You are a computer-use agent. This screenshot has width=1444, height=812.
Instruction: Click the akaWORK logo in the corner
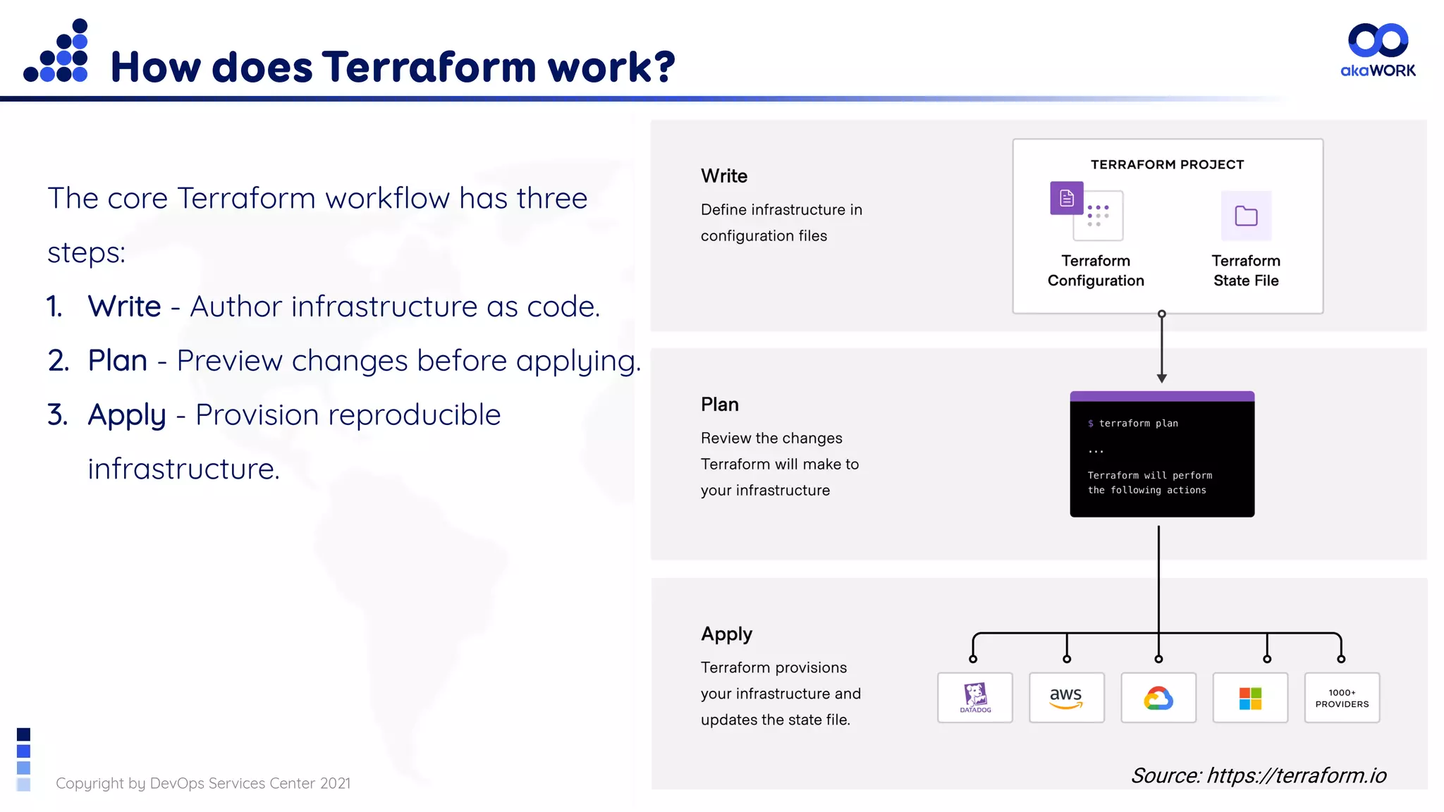tap(1378, 49)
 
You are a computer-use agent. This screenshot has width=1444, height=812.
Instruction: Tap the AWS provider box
tap(1066, 697)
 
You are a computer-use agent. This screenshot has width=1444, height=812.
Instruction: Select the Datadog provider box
tap(974, 697)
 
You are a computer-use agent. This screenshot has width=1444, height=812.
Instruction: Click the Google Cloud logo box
tap(1158, 697)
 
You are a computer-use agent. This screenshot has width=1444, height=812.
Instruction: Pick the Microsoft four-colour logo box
tap(1249, 697)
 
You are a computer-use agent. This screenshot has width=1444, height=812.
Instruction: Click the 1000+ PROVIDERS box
tap(1341, 697)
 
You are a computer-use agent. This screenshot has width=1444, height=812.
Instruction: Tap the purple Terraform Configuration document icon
tap(1067, 198)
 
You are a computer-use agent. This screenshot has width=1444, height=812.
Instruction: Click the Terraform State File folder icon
tap(1246, 216)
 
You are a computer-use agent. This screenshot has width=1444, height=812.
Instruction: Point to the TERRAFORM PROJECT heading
tap(1167, 164)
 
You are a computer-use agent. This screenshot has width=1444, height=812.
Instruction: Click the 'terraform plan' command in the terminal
tap(1138, 423)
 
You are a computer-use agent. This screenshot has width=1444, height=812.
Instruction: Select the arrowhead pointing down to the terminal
tap(1161, 379)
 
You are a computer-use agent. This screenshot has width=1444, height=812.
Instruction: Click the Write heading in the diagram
tap(724, 176)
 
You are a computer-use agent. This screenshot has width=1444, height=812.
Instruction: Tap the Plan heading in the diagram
tap(719, 404)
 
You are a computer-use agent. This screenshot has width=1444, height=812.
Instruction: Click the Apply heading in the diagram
tap(726, 634)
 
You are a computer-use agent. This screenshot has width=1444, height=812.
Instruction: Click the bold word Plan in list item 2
tap(117, 360)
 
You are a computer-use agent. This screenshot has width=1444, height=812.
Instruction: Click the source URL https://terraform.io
tap(1296, 775)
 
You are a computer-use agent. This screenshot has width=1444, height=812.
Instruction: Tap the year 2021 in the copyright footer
tap(335, 783)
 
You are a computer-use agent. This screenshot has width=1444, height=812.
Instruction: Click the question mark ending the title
tap(664, 68)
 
